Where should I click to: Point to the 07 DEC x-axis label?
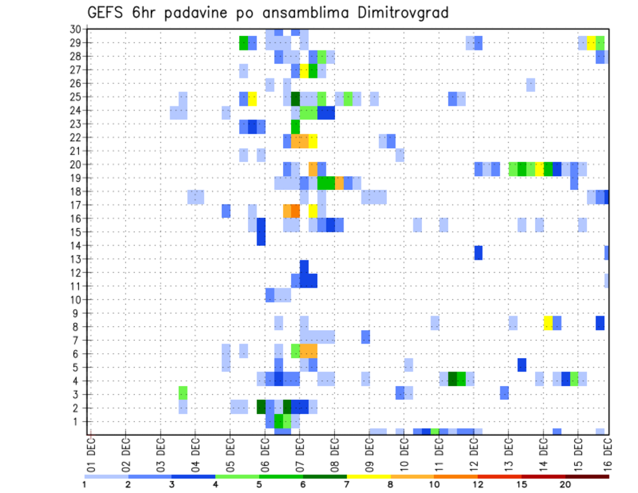tap(300, 450)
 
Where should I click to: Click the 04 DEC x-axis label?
tap(195, 450)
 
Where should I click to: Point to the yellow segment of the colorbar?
tap(369, 476)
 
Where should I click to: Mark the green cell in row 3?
tap(183, 393)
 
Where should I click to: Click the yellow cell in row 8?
tap(548, 323)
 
